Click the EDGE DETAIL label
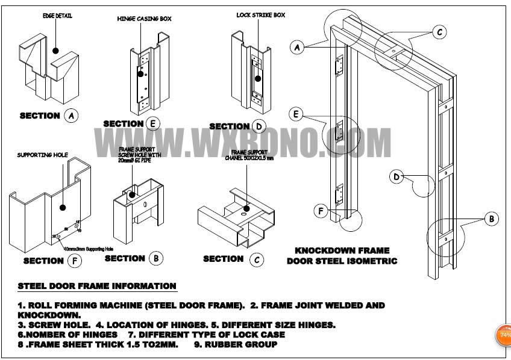[x=57, y=16]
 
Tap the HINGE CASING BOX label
[x=144, y=19]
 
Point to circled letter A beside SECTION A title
[x=71, y=116]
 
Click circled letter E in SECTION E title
[x=154, y=124]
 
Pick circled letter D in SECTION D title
[x=259, y=126]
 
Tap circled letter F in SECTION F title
[x=74, y=261]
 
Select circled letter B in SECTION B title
[x=155, y=258]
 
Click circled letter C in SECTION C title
[x=256, y=259]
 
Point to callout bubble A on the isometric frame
[x=296, y=48]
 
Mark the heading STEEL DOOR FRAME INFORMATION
[x=96, y=286]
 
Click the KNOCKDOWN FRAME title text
[x=342, y=250]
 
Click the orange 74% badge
[x=503, y=335]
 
